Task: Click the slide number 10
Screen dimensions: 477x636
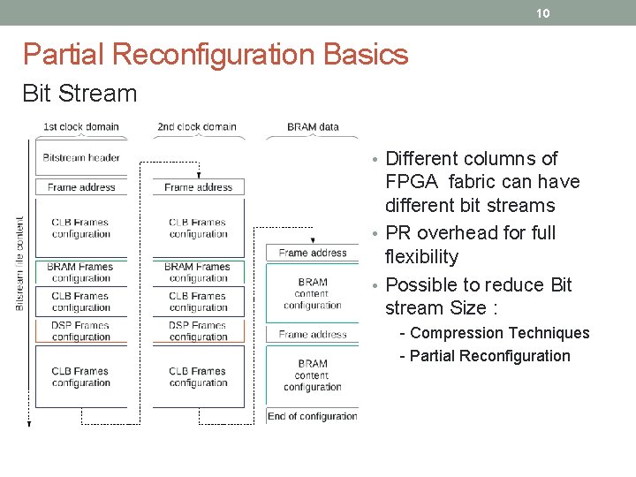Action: pos(543,13)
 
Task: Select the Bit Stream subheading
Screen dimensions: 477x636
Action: pos(79,94)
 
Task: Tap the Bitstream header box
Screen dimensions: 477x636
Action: pos(81,158)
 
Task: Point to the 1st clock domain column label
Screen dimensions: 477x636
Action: pos(81,126)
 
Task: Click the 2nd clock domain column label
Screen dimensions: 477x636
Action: pos(197,126)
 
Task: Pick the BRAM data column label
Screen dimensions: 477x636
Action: pos(313,126)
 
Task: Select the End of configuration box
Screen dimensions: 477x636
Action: pos(313,416)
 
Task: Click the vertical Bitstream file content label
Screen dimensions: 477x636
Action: pos(20,264)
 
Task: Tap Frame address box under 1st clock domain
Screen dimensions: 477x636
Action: pos(81,187)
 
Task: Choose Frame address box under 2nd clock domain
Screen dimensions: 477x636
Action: pos(198,187)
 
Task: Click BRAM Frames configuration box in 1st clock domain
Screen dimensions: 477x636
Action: pos(81,272)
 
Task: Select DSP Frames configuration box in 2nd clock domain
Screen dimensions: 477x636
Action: pos(198,331)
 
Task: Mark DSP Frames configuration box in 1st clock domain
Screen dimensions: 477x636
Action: pos(81,331)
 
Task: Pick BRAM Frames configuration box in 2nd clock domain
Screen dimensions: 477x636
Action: pos(198,272)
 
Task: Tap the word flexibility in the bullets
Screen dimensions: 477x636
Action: pos(422,257)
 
